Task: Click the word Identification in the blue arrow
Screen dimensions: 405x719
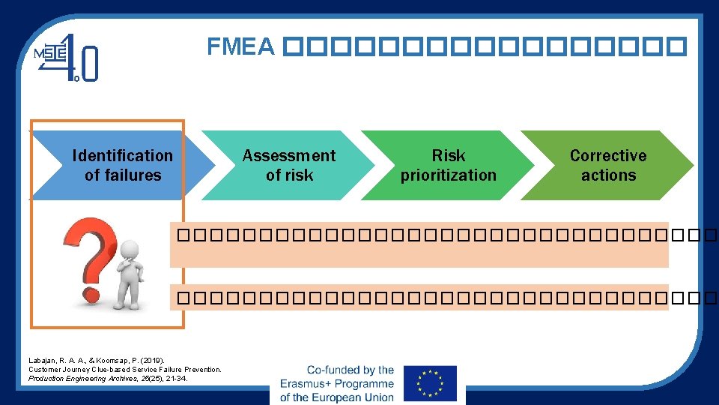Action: click(x=122, y=156)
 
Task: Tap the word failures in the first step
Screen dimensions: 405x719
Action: click(x=133, y=175)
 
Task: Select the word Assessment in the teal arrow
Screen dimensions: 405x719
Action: click(x=289, y=156)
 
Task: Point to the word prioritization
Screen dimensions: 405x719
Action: click(x=448, y=175)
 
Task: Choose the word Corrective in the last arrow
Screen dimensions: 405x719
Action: click(x=607, y=156)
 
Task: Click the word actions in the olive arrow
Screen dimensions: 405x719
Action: click(x=608, y=175)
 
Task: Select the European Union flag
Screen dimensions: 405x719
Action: click(x=429, y=383)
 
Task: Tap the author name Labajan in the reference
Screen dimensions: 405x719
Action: click(x=43, y=361)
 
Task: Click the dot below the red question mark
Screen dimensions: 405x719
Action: click(x=91, y=293)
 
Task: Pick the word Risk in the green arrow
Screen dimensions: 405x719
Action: click(x=449, y=156)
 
